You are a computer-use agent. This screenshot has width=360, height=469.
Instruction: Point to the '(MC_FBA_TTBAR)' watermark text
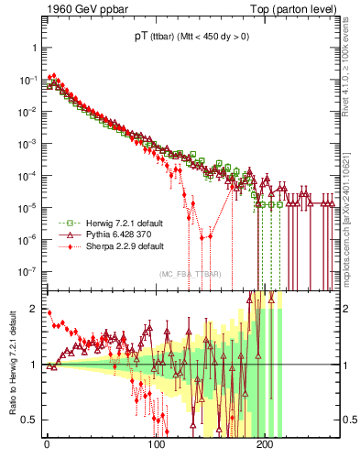(x=190, y=274)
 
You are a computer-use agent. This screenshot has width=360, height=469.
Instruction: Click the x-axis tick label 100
(x=156, y=449)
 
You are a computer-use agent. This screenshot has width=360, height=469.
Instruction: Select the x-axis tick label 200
(x=265, y=449)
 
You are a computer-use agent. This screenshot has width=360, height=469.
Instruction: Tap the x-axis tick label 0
(x=47, y=449)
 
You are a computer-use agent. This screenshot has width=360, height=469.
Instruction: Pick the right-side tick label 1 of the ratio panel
(x=346, y=365)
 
